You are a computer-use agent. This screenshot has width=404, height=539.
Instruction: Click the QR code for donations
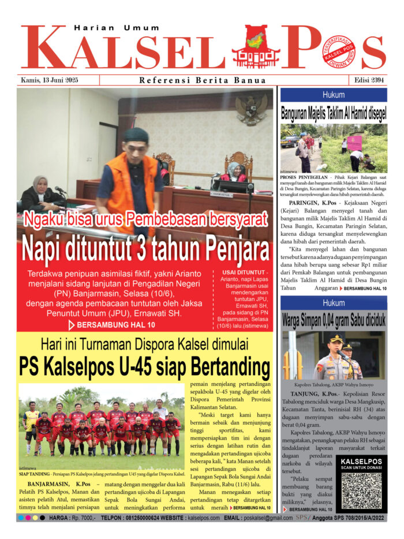coord(361,490)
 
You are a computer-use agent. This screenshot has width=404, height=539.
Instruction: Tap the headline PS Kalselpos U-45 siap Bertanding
coord(144,366)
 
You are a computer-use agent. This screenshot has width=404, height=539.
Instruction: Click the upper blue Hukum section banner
coord(333,95)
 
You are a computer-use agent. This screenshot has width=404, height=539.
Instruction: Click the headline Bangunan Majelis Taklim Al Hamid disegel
coord(333,113)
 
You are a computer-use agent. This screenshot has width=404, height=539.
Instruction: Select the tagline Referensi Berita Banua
coord(203,80)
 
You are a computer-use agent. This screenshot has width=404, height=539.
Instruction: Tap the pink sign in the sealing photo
coord(354,142)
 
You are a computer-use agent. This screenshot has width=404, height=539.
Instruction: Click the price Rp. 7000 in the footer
coord(82,518)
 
